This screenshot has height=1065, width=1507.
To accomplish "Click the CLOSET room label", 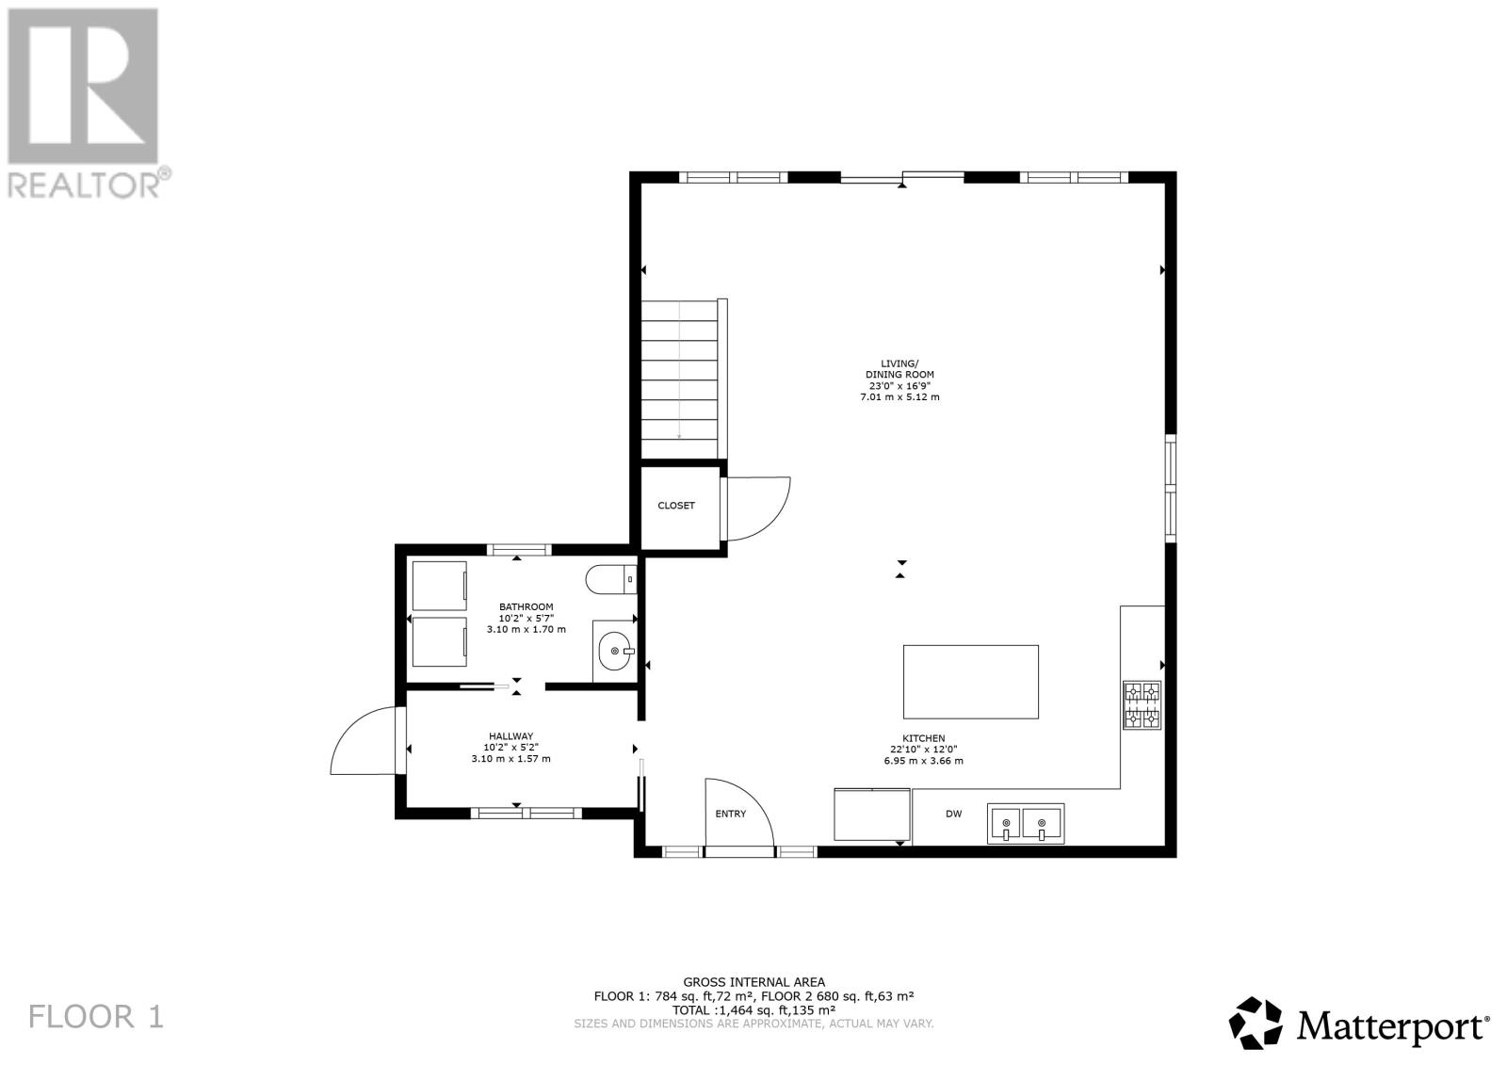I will pyautogui.click(x=675, y=506).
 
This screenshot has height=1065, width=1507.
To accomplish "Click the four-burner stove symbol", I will pyautogui.click(x=1142, y=705).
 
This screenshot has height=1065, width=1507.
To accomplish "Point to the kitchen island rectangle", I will pyautogui.click(x=970, y=682).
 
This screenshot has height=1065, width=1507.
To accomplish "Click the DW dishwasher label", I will pyautogui.click(x=953, y=815).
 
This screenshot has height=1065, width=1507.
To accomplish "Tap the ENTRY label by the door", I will pyautogui.click(x=730, y=814).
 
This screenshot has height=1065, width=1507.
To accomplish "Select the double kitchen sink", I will pyautogui.click(x=1025, y=823).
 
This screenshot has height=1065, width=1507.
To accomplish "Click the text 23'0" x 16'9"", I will pyautogui.click(x=899, y=385).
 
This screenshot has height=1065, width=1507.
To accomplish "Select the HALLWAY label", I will pyautogui.click(x=510, y=736).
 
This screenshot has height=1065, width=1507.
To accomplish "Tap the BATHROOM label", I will pyautogui.click(x=526, y=606).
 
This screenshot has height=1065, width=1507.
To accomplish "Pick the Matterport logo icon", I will pyautogui.click(x=1256, y=1023).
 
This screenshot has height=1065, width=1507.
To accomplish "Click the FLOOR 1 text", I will pyautogui.click(x=96, y=1016).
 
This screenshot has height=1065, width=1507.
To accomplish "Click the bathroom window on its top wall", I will pyautogui.click(x=518, y=550).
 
